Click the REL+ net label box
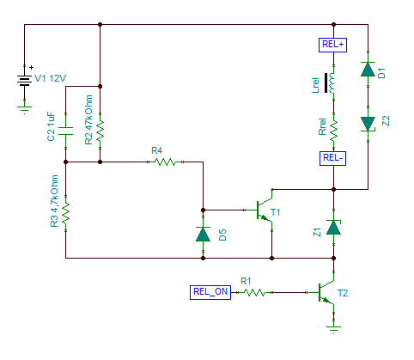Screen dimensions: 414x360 332,45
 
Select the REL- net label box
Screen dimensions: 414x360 332,158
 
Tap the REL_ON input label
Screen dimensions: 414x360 210,292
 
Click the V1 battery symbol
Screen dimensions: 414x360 24,81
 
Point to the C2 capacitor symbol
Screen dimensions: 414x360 65,131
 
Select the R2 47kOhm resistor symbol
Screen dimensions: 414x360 100,131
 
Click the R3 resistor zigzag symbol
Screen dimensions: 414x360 65,213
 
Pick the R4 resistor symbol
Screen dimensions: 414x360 165,162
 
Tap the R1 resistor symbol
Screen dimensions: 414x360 254,292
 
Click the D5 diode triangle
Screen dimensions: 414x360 203,234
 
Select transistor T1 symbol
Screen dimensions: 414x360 264,210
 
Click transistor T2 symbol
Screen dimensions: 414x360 326,292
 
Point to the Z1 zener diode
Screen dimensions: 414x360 333,228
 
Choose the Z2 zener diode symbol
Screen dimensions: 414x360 368,124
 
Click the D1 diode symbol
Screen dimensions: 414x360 368,69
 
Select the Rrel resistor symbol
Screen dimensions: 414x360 333,131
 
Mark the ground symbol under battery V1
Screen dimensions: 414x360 24,109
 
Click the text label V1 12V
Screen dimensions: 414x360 51,78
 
